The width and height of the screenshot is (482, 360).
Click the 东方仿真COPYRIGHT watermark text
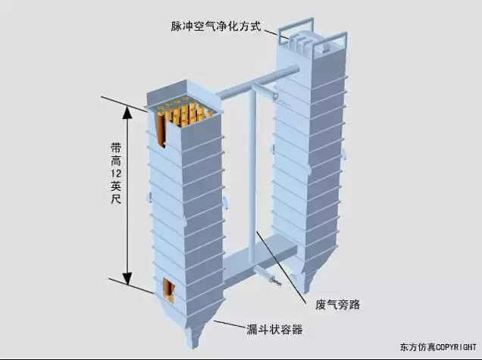[x=439, y=348]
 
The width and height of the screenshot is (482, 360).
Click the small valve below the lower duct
[x=274, y=280]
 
